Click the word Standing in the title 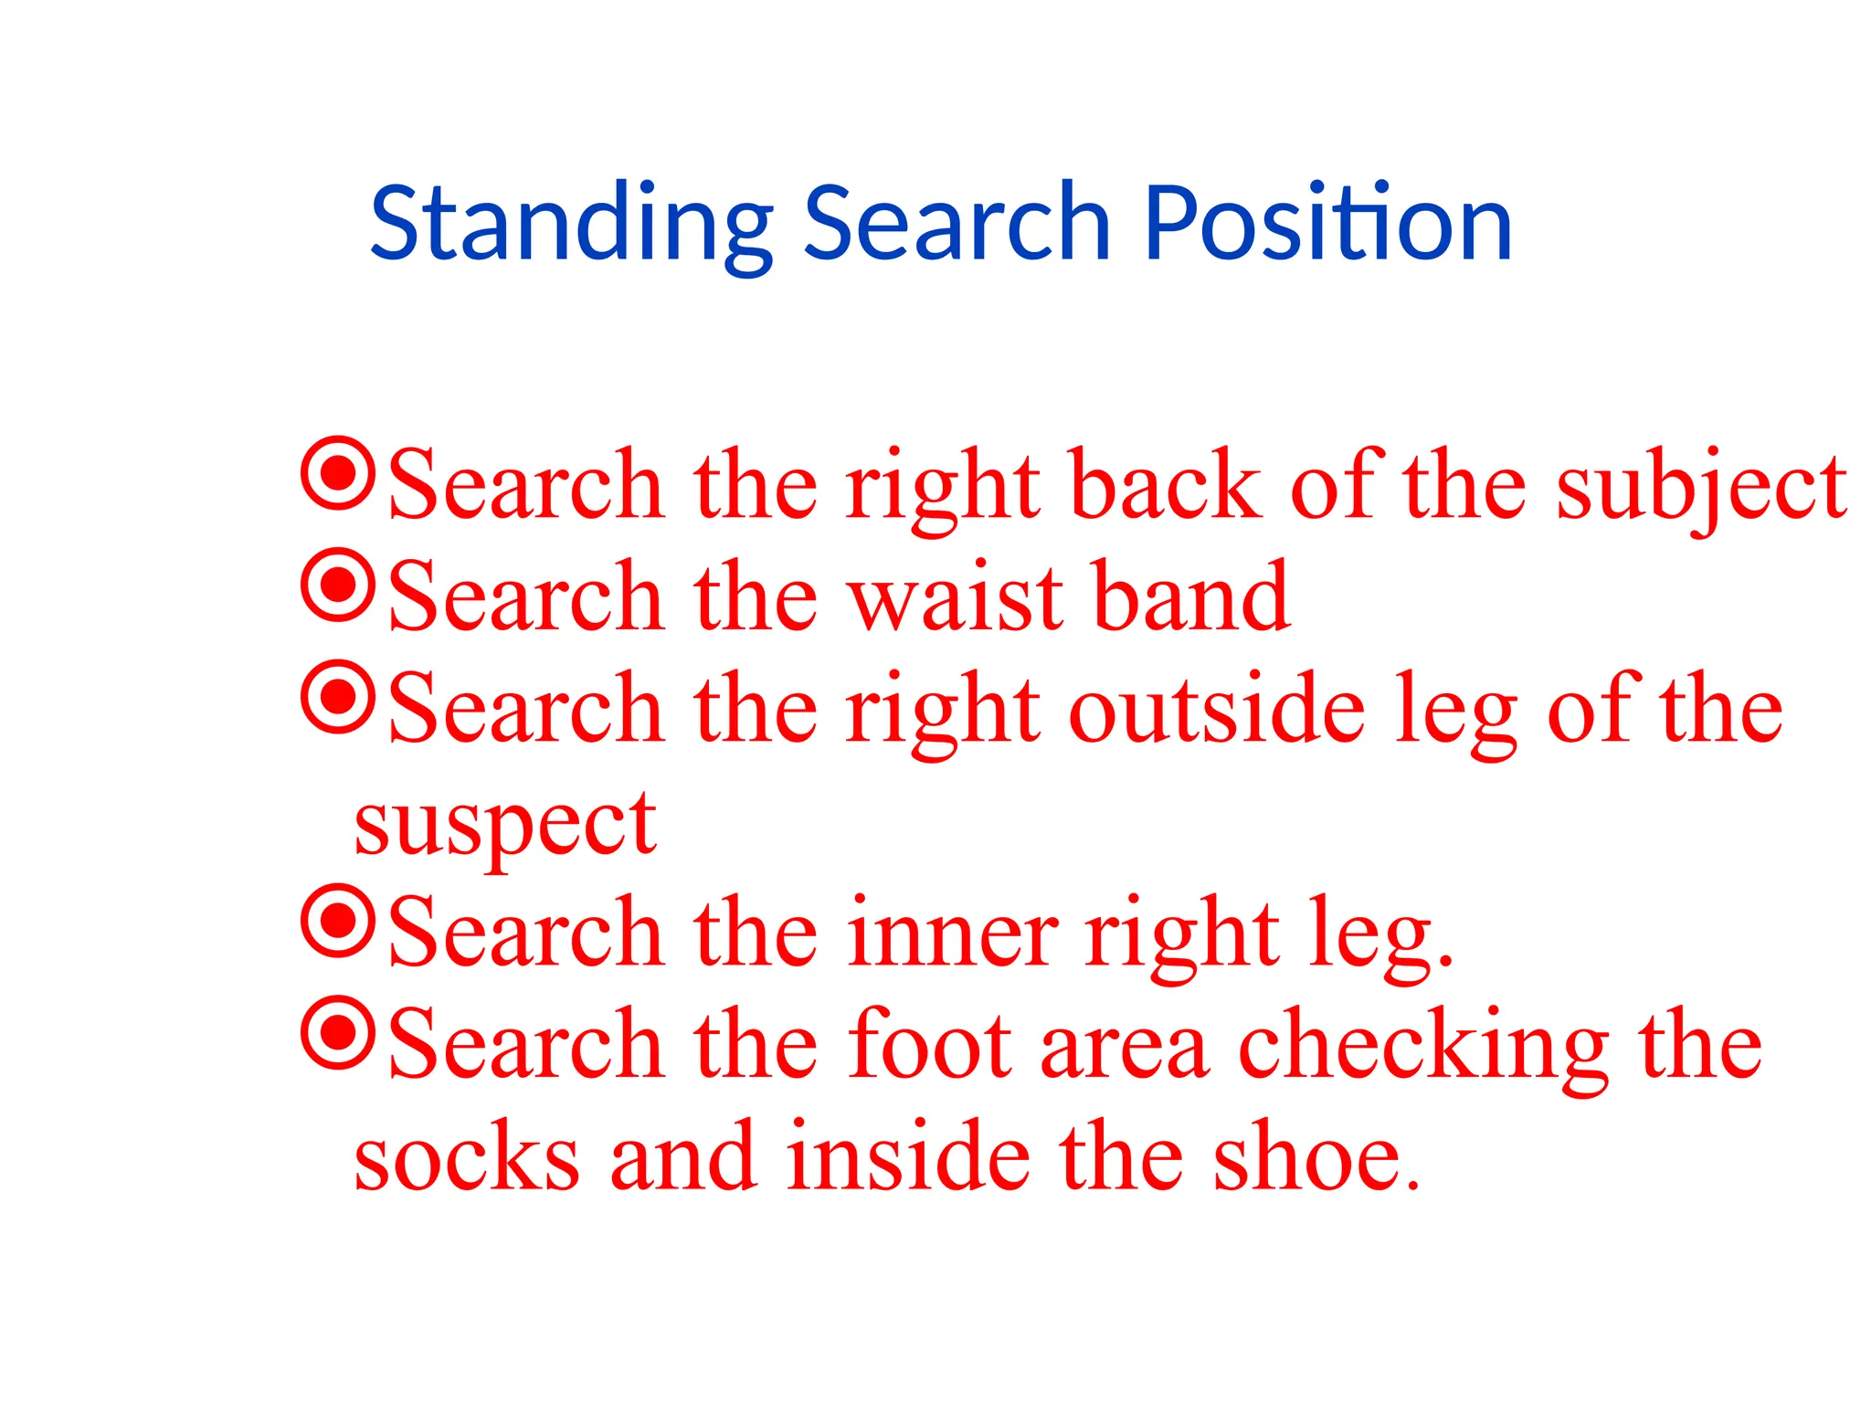click(571, 224)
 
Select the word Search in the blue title click(957, 224)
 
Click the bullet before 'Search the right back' click(338, 473)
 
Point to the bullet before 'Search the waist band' click(338, 585)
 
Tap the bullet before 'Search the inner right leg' click(338, 921)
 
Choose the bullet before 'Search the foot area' click(338, 1033)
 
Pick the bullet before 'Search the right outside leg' click(338, 697)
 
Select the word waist click(957, 598)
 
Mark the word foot click(929, 1046)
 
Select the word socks click(467, 1158)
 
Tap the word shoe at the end click(1316, 1158)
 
